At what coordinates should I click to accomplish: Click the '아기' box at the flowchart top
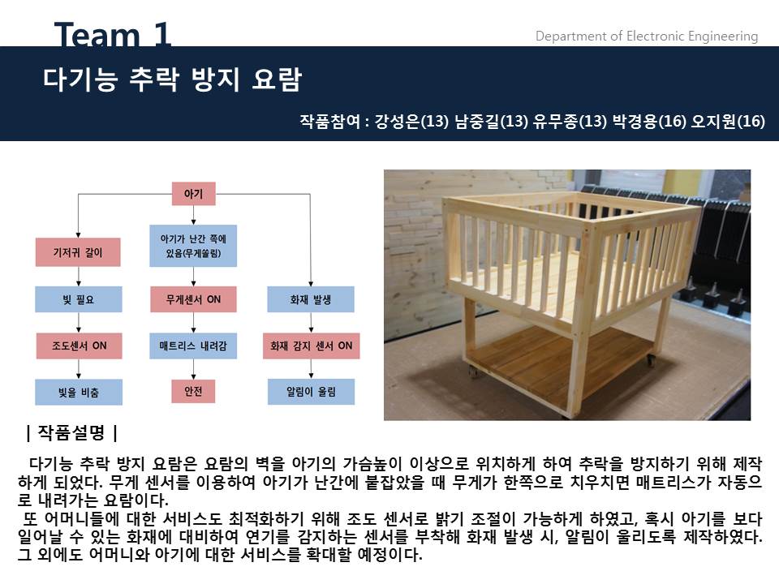(x=193, y=194)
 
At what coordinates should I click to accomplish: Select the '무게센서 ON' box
(x=193, y=299)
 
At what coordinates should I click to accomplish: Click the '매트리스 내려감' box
(x=193, y=346)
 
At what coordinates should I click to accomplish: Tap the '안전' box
(x=193, y=391)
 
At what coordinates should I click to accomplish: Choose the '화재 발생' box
(x=311, y=299)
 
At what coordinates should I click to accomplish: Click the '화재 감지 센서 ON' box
(x=311, y=346)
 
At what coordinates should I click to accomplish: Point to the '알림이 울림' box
(x=311, y=393)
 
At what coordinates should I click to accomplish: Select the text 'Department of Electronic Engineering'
(x=646, y=36)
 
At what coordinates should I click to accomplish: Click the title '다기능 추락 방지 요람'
(x=172, y=80)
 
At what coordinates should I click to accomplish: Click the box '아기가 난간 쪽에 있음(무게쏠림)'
(x=193, y=246)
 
